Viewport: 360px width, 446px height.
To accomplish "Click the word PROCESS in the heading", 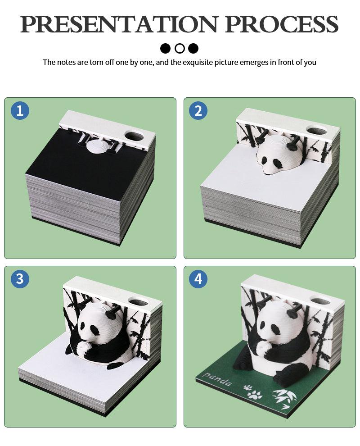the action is click(x=282, y=24).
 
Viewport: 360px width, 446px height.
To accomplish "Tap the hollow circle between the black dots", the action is click(x=180, y=48).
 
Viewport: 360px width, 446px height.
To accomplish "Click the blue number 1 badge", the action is click(x=20, y=111).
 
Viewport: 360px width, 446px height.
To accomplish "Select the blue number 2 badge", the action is click(x=198, y=111).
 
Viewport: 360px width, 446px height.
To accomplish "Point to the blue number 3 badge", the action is click(x=20, y=279).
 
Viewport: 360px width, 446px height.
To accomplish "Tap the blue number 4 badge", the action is click(x=198, y=279).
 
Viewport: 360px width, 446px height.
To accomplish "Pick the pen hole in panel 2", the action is click(x=316, y=130).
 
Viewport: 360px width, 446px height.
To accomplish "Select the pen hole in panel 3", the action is click(x=138, y=300).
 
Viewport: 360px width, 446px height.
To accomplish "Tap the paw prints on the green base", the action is click(x=252, y=392).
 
